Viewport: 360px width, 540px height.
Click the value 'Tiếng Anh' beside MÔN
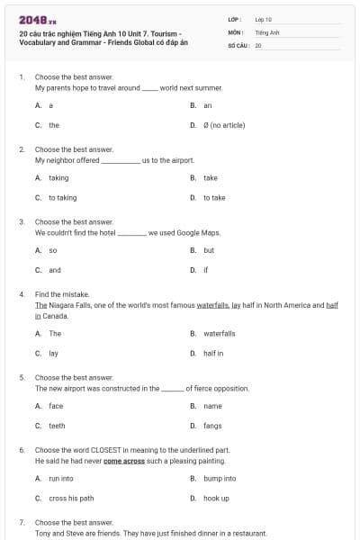pos(265,31)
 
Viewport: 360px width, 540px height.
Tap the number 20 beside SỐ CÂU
pos(258,44)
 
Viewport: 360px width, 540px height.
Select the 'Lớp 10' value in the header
pos(263,19)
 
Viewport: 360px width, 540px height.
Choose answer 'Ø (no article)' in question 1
pos(224,125)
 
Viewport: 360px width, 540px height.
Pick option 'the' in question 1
pos(54,125)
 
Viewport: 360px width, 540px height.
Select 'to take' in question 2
pos(214,197)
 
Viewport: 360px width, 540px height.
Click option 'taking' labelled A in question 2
pos(58,177)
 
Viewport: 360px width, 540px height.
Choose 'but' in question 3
pos(209,250)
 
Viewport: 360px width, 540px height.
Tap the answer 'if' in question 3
pos(205,270)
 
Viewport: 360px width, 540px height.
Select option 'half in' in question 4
pos(213,353)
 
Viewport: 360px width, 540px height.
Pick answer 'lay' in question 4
pos(53,353)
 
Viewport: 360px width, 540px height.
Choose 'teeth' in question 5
pos(57,426)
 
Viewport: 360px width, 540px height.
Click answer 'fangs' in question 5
pos(212,426)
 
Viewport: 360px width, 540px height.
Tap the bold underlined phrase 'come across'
pos(125,460)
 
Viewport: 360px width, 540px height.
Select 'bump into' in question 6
pos(220,478)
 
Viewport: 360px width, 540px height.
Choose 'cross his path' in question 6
pos(71,498)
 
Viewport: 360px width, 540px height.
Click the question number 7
pos(22,522)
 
